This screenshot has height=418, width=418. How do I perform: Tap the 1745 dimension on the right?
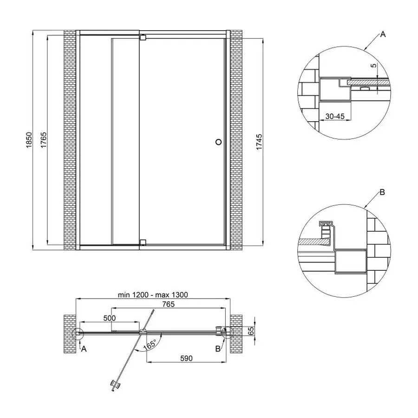coord(260,141)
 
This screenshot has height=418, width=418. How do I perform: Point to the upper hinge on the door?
coord(143,37)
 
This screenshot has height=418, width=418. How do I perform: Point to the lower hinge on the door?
coord(143,242)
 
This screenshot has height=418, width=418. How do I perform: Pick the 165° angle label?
coord(149,346)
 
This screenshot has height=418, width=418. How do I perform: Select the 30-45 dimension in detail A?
coord(334,117)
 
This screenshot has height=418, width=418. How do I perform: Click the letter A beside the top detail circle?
coord(383,34)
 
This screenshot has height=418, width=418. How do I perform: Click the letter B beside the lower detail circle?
coord(382,192)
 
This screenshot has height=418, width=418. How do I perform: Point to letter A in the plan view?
coord(84,349)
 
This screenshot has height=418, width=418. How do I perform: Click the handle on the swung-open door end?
coord(113,385)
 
